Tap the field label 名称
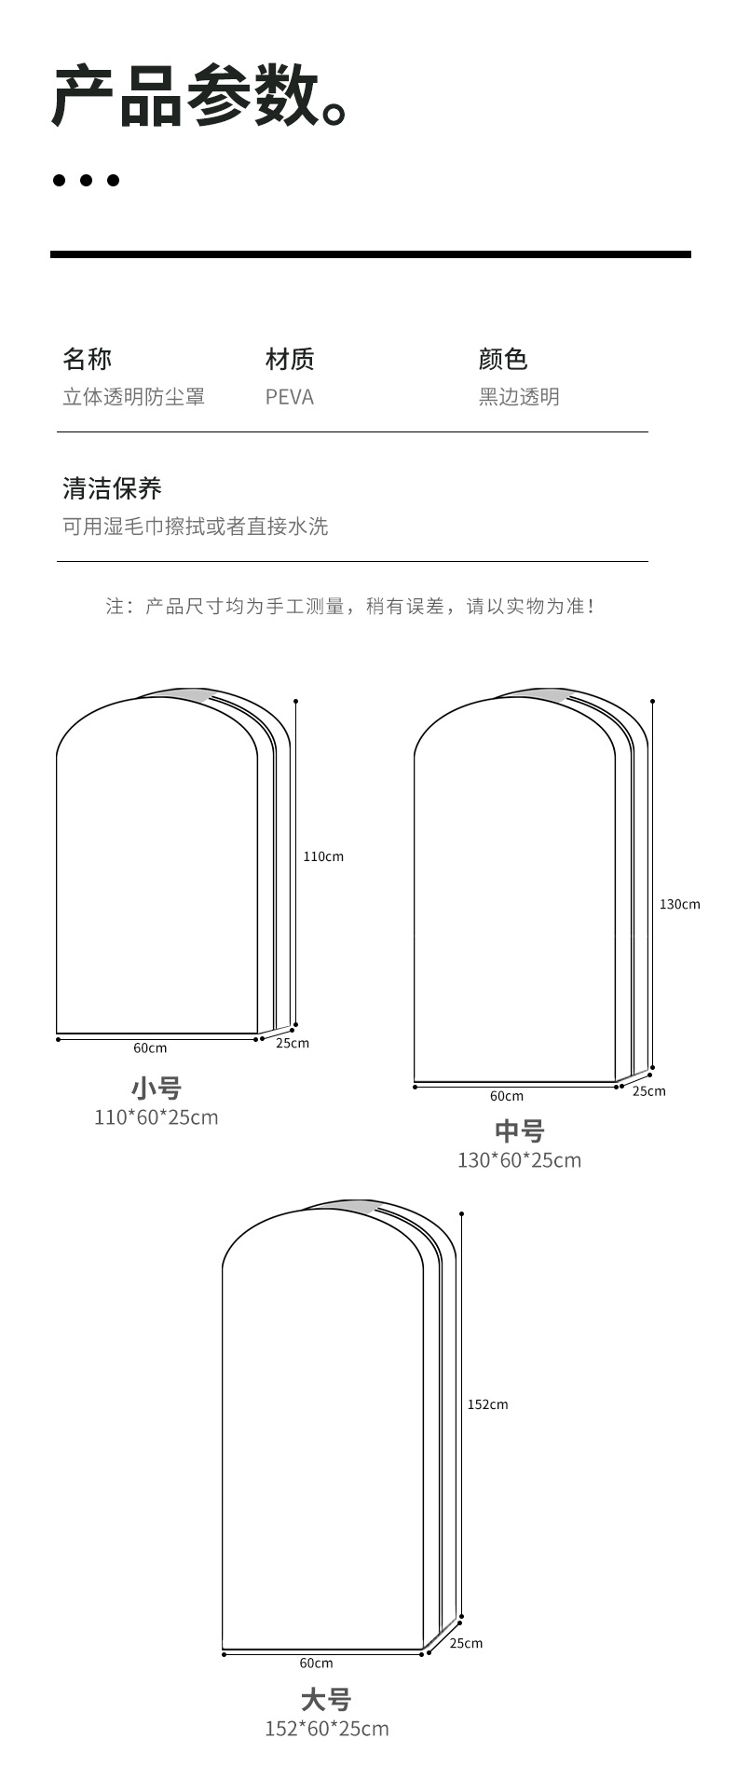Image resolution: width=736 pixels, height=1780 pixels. coord(87,359)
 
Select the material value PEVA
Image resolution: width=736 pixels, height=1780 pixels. coord(289,397)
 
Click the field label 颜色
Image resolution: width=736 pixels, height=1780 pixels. coord(503,359)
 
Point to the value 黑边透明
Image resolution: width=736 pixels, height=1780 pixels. coord(519,397)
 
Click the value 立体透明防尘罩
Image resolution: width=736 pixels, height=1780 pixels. coord(133,397)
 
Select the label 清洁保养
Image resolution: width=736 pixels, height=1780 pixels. coord(112,488)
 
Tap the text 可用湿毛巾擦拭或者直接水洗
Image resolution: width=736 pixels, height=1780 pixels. coord(195,527)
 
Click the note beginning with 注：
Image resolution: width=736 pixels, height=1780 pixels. coord(349,607)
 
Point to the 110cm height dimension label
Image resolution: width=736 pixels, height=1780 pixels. coord(323,856)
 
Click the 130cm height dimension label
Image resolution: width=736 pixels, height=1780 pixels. coord(680,904)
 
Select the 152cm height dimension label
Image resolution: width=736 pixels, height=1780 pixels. coord(487,1404)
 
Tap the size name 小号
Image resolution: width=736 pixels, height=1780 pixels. coord(156,1088)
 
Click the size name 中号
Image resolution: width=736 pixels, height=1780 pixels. coord(519,1131)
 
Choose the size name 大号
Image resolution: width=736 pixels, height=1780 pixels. coord(326,1700)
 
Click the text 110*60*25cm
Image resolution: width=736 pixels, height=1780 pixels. coord(156,1116)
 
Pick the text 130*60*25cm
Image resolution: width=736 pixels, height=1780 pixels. coord(519,1160)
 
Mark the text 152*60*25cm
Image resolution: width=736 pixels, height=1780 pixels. coord(326,1729)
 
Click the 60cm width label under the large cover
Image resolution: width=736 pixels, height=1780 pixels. coord(316,1663)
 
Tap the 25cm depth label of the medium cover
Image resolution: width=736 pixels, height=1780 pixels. coord(649,1091)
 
